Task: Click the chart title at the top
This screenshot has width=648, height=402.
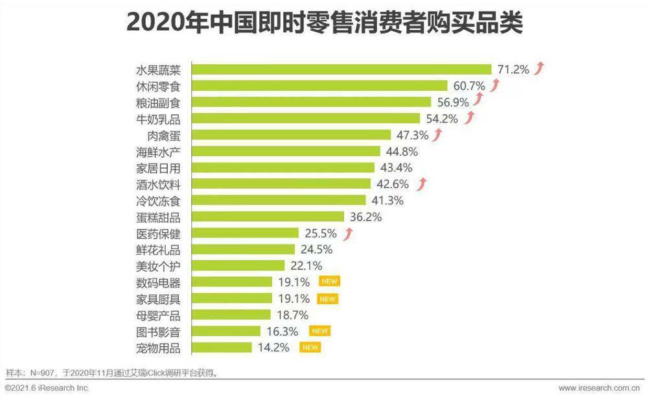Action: click(x=324, y=23)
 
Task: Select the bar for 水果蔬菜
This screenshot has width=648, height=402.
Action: click(x=342, y=69)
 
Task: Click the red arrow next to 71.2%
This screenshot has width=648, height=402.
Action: click(x=539, y=68)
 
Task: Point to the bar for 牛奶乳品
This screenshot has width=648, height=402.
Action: click(x=307, y=118)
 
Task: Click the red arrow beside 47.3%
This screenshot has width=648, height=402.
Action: click(x=437, y=134)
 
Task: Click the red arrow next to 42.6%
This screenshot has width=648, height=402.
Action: click(x=422, y=184)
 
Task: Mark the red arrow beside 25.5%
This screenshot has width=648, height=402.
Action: click(x=349, y=233)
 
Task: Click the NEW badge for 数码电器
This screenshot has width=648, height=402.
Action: click(x=329, y=281)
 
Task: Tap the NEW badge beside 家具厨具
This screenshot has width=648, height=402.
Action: click(x=327, y=299)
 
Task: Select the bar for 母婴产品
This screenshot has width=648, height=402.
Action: click(x=232, y=314)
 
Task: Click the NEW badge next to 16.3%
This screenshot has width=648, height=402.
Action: click(x=319, y=331)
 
